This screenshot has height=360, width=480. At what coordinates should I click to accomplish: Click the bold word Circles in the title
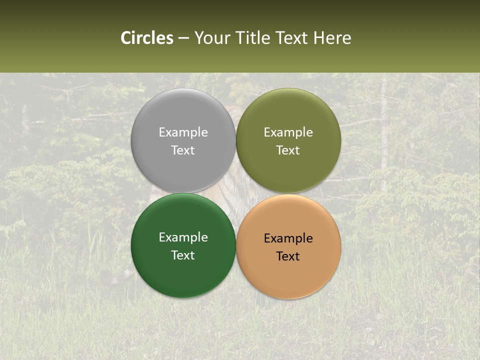click(147, 38)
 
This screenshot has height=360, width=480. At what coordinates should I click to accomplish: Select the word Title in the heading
click(254, 38)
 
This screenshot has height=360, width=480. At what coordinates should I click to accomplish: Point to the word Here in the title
click(332, 38)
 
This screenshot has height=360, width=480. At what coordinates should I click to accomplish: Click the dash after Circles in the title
click(183, 38)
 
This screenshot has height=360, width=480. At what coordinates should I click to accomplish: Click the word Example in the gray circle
click(183, 132)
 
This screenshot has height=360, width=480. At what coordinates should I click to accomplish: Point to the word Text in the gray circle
click(183, 150)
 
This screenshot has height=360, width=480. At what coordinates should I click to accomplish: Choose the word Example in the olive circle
click(288, 132)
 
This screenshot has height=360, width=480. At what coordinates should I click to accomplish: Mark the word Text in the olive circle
click(288, 150)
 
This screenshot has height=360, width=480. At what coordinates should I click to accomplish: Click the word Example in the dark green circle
click(183, 237)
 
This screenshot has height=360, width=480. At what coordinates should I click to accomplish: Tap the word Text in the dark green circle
click(183, 255)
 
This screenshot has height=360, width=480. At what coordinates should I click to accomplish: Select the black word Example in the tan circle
click(288, 238)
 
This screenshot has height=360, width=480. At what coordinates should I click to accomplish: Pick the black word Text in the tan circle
click(288, 256)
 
